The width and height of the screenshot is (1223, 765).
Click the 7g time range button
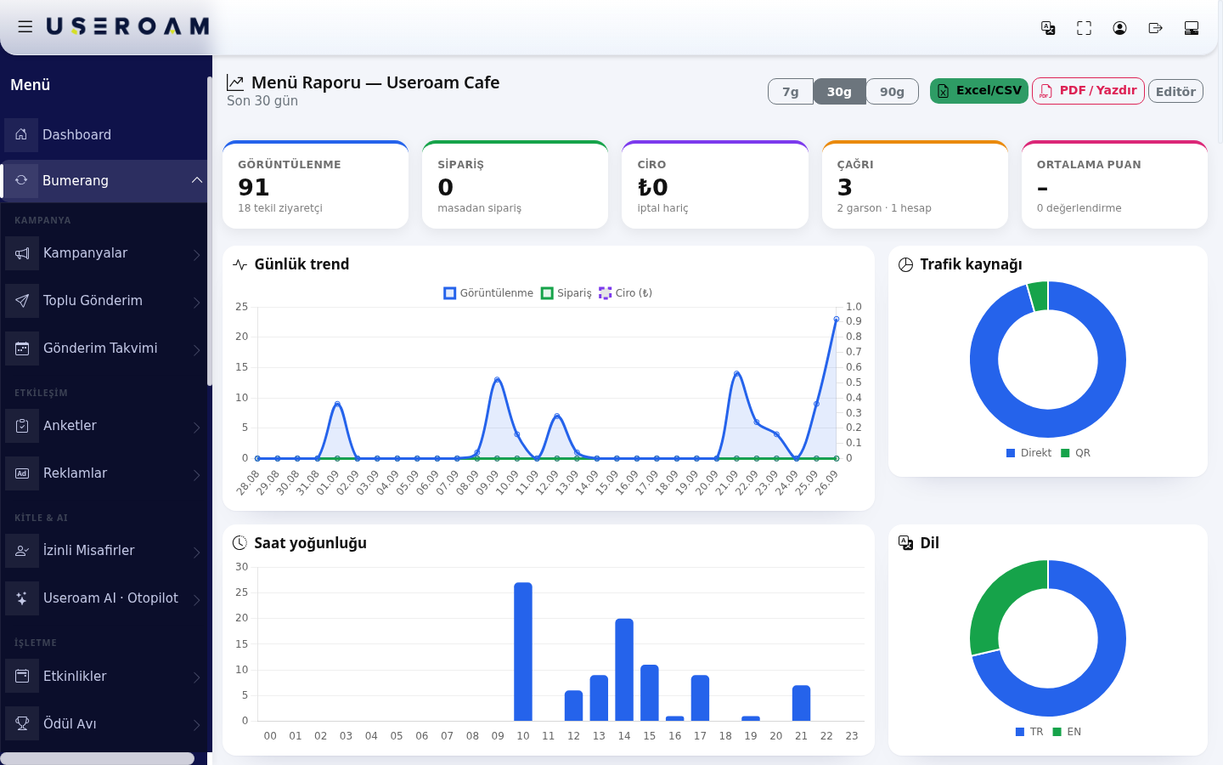790,91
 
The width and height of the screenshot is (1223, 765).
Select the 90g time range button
892,91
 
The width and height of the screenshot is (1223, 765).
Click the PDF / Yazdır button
1088,91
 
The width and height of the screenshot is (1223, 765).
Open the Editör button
1175,91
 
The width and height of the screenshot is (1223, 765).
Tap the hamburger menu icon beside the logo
25,26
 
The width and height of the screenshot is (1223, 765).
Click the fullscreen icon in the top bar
1084,28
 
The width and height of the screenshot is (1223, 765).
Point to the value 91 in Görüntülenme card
253,187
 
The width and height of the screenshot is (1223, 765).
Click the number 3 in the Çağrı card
844,187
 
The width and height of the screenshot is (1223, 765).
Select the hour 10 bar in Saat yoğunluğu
523,652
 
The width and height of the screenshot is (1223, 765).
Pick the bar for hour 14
624,670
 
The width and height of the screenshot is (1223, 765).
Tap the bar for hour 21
801,703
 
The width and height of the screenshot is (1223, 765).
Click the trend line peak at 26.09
836,319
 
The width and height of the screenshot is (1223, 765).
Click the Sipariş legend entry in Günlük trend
566,293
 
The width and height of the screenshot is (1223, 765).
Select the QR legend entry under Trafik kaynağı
1075,453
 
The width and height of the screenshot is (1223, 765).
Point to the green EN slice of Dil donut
993,603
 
